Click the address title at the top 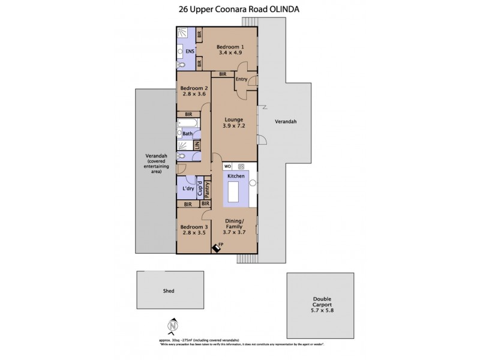click(239, 10)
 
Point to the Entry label click(242, 79)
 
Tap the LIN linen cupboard click(196, 145)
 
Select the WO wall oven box click(228, 167)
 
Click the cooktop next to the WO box click(241, 167)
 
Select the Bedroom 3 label click(193, 227)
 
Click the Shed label click(169, 291)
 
